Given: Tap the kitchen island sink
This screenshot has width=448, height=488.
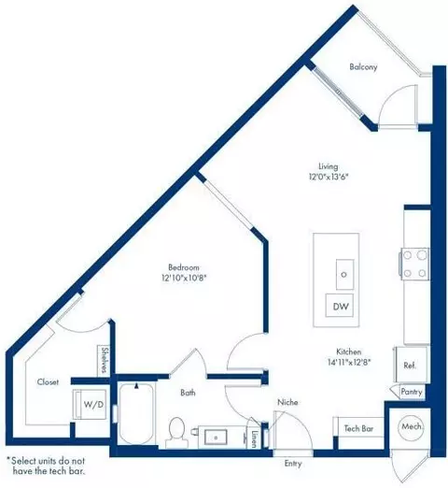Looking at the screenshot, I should coord(343,274).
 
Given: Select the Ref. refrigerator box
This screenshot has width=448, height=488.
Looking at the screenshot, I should coord(410,366).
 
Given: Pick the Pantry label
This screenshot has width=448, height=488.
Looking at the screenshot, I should coord(411,393).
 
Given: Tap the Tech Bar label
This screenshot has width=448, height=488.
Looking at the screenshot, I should coord(359,427).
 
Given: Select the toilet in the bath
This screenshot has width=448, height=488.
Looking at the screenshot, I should coord(175,429).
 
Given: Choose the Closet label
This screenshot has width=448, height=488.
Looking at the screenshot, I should coord(49,381).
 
